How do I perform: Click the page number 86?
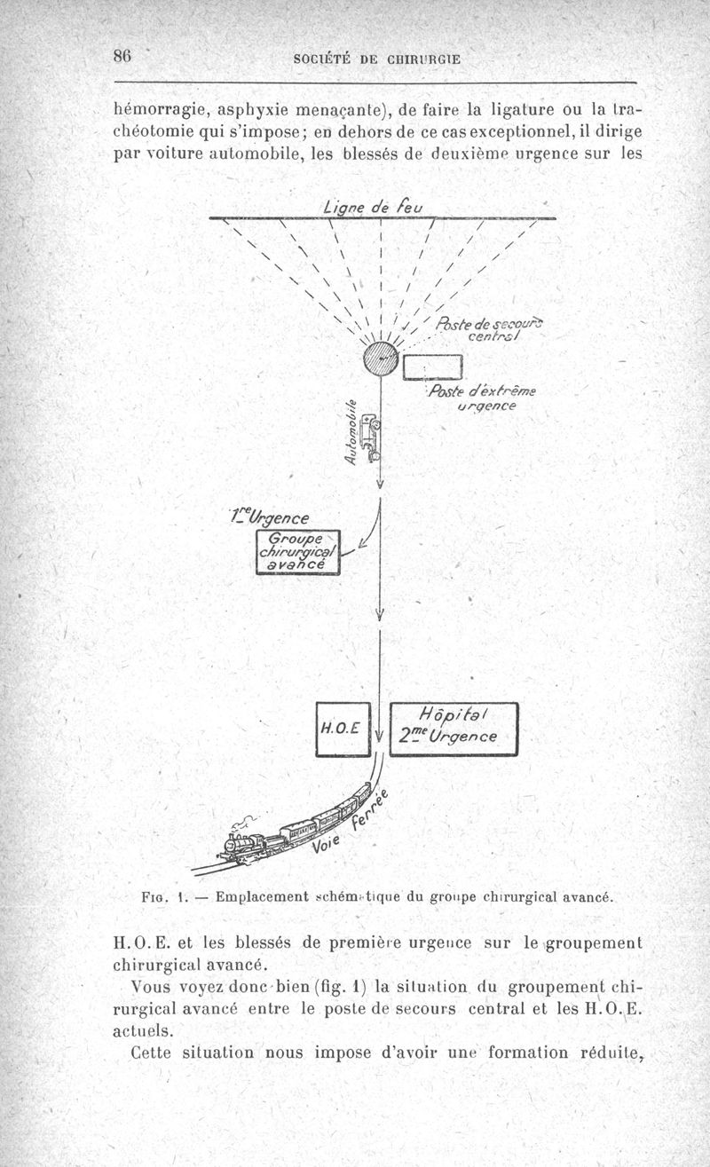[122, 55]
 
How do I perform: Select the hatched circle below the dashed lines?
[381, 359]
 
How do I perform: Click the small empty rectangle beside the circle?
[433, 367]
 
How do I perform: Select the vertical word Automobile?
[351, 431]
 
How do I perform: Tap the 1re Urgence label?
[278, 517]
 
